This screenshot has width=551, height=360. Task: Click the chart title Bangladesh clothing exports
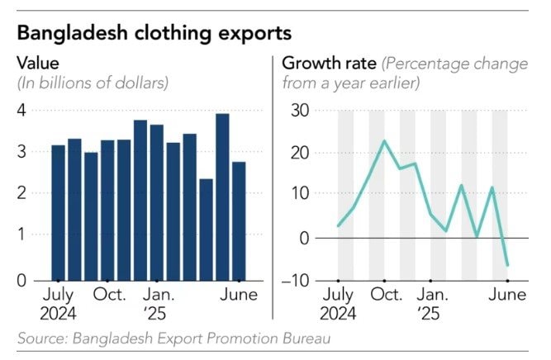click(154, 35)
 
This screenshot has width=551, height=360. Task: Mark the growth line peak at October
click(385, 141)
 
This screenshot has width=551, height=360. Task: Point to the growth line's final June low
click(506, 266)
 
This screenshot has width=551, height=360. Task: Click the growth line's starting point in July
click(339, 225)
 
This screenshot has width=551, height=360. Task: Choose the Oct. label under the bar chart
click(108, 295)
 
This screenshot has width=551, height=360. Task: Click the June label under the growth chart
click(505, 295)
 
